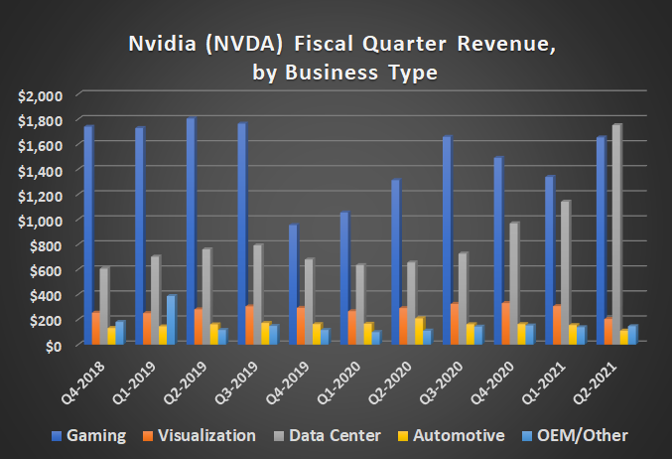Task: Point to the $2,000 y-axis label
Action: click(40, 95)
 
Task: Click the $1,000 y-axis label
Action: click(40, 220)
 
